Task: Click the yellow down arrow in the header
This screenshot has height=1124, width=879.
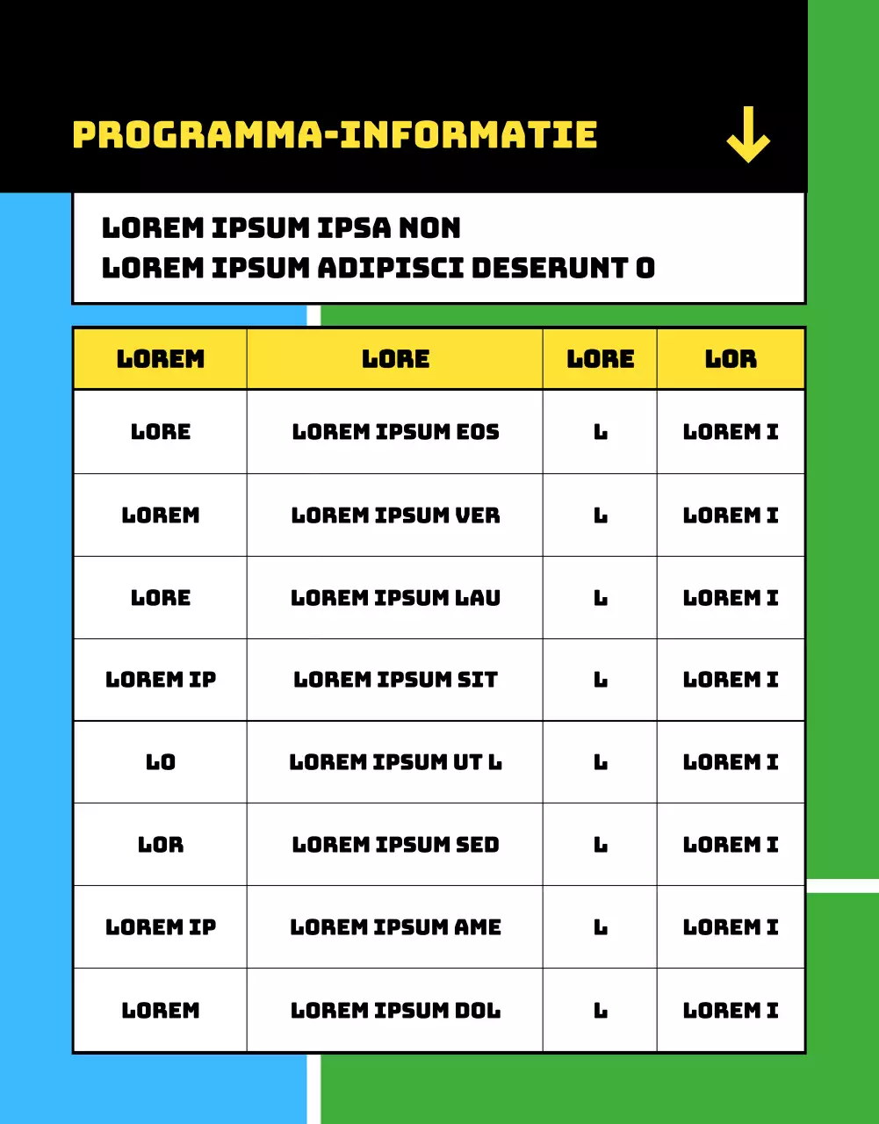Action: [748, 135]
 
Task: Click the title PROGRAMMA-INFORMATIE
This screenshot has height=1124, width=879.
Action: [335, 135]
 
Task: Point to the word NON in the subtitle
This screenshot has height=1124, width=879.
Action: [429, 228]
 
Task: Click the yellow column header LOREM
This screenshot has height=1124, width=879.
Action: [161, 359]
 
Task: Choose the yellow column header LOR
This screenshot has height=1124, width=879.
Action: [731, 359]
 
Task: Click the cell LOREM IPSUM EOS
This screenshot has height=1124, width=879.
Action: [395, 432]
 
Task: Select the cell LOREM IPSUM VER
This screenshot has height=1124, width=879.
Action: [395, 515]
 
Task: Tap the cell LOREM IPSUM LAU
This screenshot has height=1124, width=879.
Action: [395, 598]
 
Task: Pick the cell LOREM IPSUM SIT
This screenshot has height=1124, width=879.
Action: [395, 680]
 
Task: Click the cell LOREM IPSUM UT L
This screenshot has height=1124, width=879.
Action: [395, 762]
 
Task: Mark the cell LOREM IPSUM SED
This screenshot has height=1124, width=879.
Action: [395, 845]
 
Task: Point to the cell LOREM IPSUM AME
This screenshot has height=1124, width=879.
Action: [395, 927]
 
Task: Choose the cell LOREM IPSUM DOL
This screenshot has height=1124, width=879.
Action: [395, 1011]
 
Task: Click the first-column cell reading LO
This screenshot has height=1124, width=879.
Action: [161, 762]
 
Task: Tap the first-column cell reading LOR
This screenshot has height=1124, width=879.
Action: [161, 845]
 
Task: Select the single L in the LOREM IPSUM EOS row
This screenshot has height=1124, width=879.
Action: [601, 432]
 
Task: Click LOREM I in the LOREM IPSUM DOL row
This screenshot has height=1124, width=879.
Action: [731, 1011]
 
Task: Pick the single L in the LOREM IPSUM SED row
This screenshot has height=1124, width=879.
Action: [601, 845]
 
